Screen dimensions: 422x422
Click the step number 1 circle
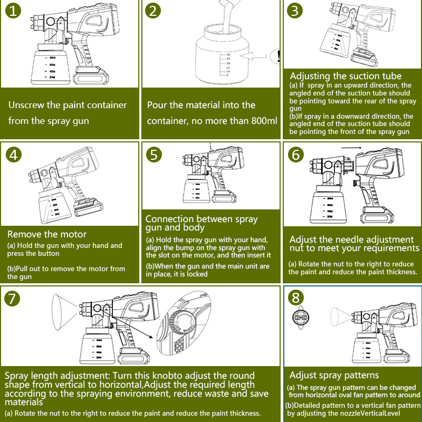click(x=14, y=12)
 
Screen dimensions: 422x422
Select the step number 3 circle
click(x=295, y=11)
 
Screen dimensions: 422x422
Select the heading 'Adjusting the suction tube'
click(x=346, y=76)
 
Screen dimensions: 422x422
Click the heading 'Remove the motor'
click(x=47, y=234)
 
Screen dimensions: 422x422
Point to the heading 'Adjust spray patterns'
click(x=334, y=375)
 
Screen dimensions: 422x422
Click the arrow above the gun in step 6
click(x=350, y=148)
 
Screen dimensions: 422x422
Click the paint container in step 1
click(x=52, y=66)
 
